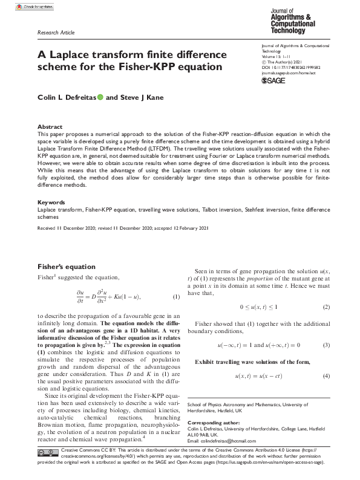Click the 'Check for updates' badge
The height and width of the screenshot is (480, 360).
tap(37, 7)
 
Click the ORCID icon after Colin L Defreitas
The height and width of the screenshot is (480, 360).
tap(100, 96)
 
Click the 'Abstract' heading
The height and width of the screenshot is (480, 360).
tap(50, 128)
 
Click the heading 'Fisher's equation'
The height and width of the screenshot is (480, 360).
tap(67, 266)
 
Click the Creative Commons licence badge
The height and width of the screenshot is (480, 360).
tap(48, 452)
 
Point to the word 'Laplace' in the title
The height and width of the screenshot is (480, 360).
tap(73, 54)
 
